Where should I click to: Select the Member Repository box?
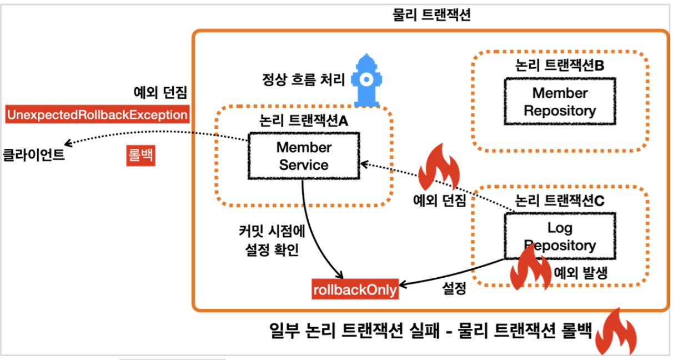tap(559, 102)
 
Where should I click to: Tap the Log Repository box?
tap(559, 236)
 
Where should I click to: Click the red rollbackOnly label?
tap(355, 289)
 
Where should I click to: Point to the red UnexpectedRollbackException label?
tap(97, 115)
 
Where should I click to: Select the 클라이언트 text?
tap(34, 155)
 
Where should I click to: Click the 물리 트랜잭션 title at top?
tap(431, 15)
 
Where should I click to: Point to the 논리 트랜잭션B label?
tap(559, 66)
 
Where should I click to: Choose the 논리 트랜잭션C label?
tap(559, 201)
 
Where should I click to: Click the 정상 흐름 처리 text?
tap(303, 79)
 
